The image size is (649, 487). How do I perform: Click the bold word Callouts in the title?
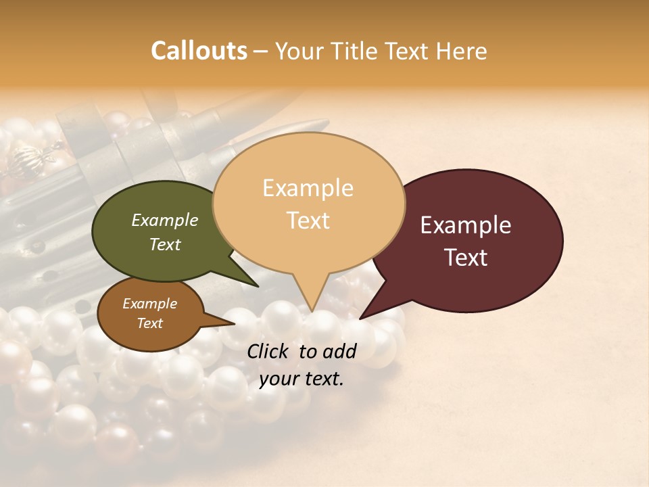199,51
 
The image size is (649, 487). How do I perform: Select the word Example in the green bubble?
164,221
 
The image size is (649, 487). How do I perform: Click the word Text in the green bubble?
164,244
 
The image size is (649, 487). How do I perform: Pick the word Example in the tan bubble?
308,188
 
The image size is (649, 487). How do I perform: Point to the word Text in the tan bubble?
308,221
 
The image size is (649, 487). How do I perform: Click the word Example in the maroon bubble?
465,225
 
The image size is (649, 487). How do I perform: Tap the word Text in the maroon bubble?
465,258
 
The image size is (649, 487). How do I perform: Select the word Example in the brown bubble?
149,304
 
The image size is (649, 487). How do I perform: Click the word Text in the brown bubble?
149,323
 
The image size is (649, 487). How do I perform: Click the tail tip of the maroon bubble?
361,318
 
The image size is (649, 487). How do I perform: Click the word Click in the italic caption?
269,351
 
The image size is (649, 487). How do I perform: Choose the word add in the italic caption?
339,351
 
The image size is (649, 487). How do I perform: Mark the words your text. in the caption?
302,379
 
